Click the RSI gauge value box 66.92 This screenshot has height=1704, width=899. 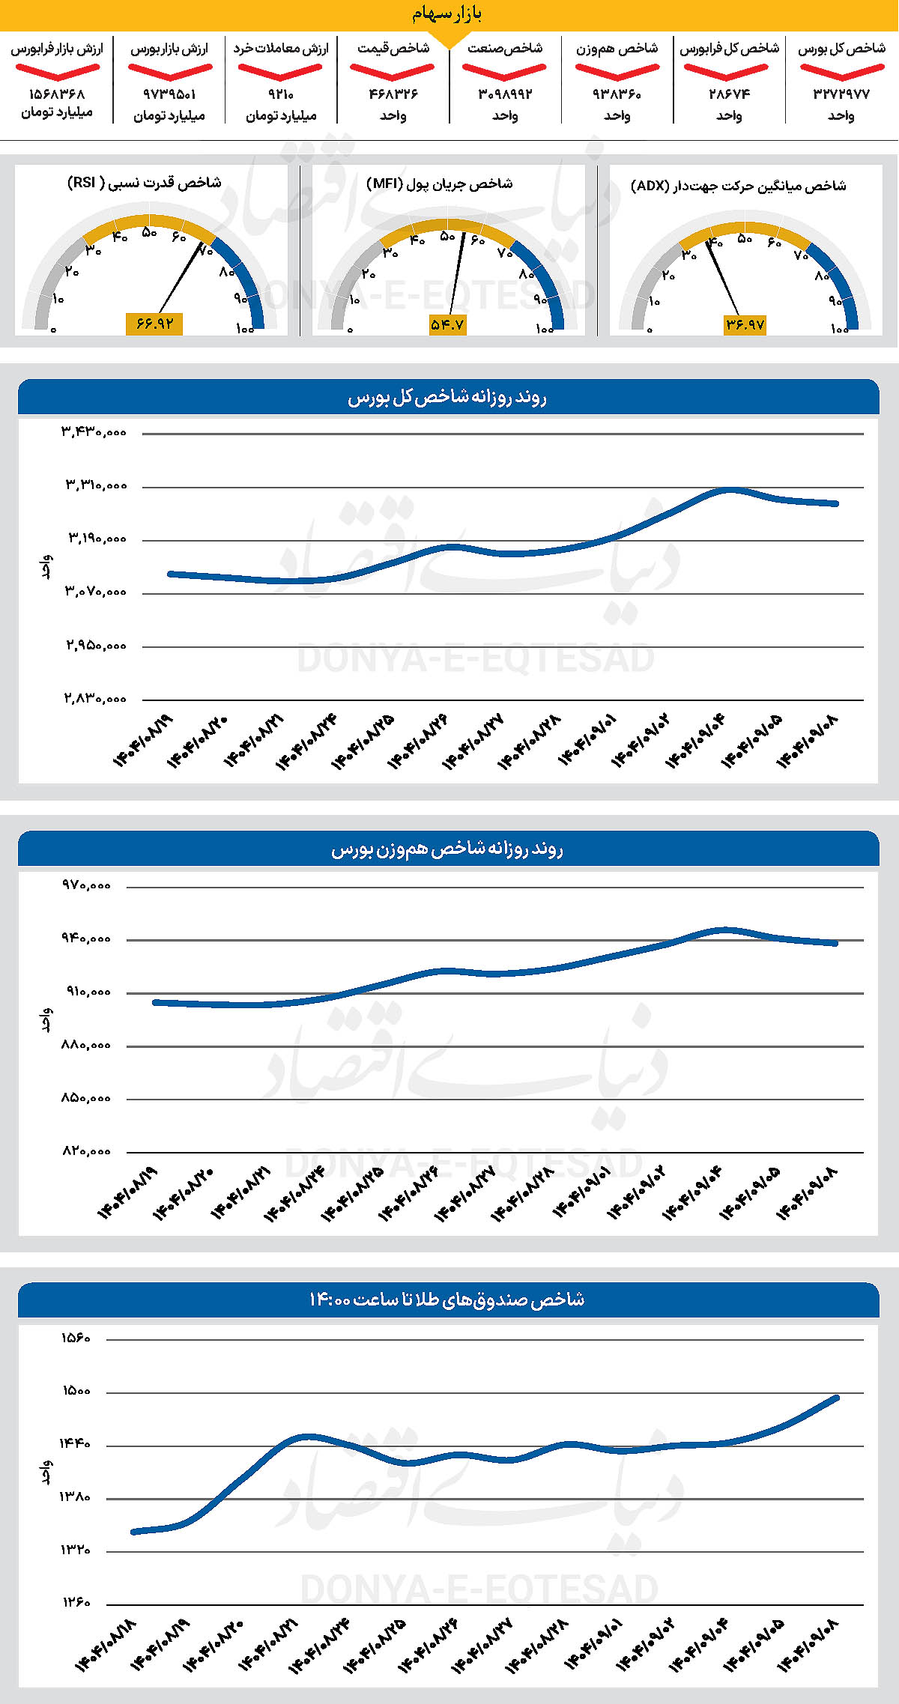154,324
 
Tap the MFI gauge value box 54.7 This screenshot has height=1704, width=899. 447,324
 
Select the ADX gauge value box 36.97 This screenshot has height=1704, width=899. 745,324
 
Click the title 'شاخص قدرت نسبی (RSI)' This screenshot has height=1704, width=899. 145,183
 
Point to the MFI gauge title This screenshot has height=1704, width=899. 440,184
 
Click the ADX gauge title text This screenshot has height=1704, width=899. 739,186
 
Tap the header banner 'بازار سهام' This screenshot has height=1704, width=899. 448,14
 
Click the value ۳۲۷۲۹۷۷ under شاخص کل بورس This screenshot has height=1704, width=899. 841,94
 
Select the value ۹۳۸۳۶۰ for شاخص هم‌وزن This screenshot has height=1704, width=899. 617,94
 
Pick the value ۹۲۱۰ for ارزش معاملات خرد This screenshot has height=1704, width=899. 281,94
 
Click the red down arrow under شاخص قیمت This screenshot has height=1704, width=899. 392,72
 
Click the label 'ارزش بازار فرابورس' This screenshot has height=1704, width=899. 57,49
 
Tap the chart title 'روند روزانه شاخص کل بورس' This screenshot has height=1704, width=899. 447,397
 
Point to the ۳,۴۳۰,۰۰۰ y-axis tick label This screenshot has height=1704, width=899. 94,432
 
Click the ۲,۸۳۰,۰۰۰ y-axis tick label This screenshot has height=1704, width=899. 94,699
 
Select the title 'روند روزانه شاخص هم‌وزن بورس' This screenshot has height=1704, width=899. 447,849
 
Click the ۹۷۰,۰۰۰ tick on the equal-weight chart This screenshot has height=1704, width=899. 86,885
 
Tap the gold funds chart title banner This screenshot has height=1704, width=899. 447,1300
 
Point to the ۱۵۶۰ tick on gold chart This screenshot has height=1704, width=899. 76,1338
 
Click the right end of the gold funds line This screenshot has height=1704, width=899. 836,1398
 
